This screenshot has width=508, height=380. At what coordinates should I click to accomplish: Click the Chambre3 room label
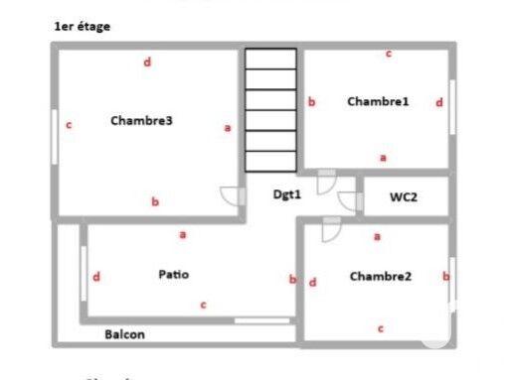[x=142, y=122]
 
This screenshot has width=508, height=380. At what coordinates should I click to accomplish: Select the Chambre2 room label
[x=380, y=277]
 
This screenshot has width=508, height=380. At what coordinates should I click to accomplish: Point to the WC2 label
[x=403, y=197]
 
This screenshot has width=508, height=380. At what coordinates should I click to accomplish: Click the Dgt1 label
[x=287, y=194]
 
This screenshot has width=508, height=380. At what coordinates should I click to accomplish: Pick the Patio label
[x=173, y=274]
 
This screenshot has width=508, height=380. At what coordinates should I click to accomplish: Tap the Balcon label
[x=125, y=334]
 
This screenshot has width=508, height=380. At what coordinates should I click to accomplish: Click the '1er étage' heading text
[x=83, y=27]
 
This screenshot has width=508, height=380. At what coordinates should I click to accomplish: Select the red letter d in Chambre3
[x=147, y=63]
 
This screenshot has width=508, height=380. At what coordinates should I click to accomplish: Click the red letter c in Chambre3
[x=69, y=125]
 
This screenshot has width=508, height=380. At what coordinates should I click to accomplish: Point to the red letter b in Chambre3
[x=155, y=201]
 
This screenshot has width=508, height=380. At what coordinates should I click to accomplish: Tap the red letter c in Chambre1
[x=389, y=54]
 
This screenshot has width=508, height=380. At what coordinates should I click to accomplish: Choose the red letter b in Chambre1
[x=311, y=101]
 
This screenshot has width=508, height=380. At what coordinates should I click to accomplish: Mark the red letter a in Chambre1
[x=383, y=157]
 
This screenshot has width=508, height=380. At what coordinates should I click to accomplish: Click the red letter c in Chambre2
[x=380, y=327]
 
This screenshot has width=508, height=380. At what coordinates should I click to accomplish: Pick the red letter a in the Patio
[x=182, y=235]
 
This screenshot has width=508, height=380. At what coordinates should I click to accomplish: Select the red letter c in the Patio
[x=203, y=305]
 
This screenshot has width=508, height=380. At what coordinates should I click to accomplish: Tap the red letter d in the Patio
[x=96, y=277]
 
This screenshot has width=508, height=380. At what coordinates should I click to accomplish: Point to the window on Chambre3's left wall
[x=54, y=136]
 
